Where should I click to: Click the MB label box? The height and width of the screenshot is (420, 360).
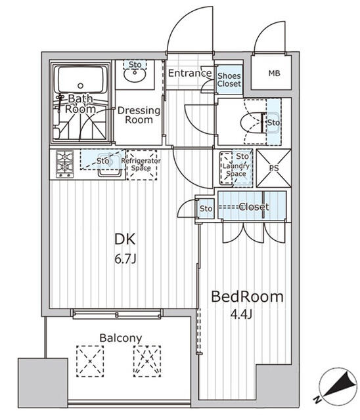[x=273, y=73]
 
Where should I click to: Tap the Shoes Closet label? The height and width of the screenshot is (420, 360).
[x=229, y=79]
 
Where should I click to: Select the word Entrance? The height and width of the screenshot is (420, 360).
[x=189, y=73]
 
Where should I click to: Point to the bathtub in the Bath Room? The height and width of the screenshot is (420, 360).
[x=81, y=81]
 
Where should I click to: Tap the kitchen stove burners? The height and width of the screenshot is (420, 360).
[x=65, y=164]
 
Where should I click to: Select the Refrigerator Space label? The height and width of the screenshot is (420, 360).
[x=141, y=164]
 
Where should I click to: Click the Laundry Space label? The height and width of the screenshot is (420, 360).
[x=235, y=169]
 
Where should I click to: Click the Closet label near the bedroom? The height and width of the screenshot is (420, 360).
[x=253, y=207]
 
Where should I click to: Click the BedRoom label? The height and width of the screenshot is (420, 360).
[x=247, y=297]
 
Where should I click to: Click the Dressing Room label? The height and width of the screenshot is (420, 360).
[x=139, y=115]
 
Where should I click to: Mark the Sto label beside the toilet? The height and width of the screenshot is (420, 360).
[x=273, y=122]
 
